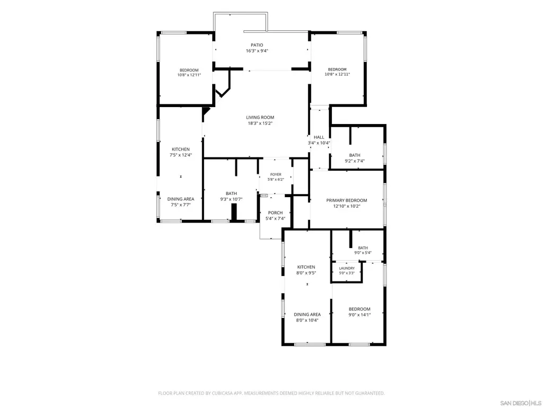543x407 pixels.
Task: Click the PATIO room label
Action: (x=257, y=45)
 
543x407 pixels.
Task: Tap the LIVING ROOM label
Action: (x=260, y=117)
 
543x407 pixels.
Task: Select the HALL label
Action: (x=319, y=137)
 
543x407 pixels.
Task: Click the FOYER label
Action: (x=276, y=174)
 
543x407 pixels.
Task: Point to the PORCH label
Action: (x=275, y=213)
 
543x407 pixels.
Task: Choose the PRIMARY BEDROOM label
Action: (x=347, y=200)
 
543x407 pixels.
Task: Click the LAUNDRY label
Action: (x=347, y=268)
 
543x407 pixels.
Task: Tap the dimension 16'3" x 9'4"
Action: (x=257, y=51)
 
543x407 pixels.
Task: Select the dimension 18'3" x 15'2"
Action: (x=260, y=123)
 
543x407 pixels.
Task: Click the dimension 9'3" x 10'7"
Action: (x=231, y=199)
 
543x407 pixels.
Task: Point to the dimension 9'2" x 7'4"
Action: (x=355, y=161)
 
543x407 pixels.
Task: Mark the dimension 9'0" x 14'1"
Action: (x=360, y=315)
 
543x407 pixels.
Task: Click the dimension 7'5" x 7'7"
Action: (x=181, y=205)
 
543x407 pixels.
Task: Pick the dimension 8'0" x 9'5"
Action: (x=306, y=273)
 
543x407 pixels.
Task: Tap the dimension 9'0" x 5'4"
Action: (x=363, y=253)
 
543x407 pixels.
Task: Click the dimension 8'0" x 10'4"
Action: (x=307, y=321)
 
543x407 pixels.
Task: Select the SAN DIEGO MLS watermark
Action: (x=521, y=403)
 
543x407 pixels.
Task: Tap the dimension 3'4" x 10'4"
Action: (x=319, y=143)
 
